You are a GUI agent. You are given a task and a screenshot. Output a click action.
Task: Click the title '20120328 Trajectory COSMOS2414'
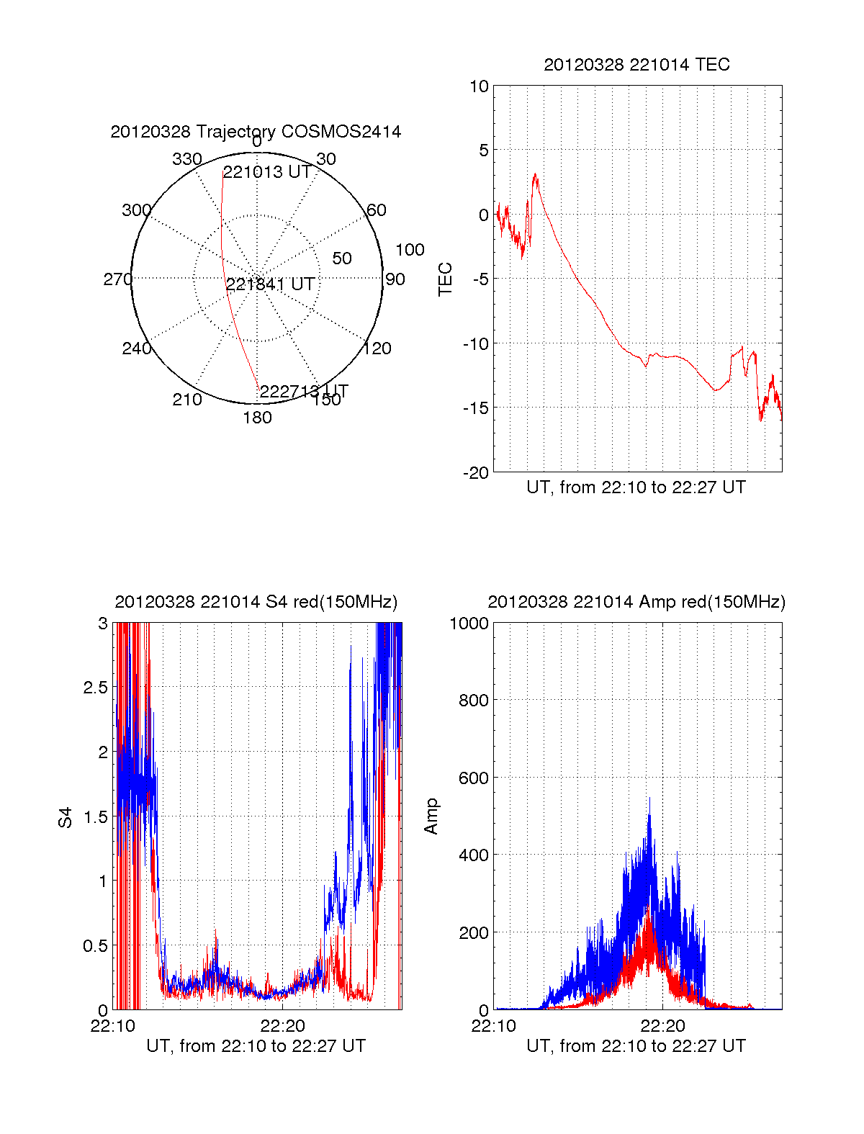[x=256, y=132]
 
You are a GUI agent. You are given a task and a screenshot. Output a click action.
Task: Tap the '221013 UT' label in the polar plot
[x=266, y=172]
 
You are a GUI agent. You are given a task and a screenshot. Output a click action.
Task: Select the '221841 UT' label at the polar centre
[x=270, y=284]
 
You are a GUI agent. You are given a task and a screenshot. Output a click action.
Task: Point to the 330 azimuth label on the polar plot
[x=186, y=159]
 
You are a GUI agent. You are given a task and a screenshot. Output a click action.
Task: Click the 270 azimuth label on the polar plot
[x=117, y=279]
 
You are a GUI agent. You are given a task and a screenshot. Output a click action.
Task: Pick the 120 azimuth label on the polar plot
[x=377, y=349]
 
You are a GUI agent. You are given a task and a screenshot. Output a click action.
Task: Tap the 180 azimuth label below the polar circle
[x=257, y=418]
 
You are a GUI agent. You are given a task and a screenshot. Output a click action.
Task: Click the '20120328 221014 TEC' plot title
[x=636, y=65]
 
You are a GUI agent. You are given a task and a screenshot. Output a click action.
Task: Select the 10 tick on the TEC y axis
[x=479, y=86]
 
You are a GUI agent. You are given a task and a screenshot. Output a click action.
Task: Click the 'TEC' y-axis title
[x=446, y=279]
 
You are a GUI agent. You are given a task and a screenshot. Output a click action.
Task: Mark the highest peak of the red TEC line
[x=535, y=174]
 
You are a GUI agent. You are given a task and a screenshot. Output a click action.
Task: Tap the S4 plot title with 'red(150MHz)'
[x=256, y=602]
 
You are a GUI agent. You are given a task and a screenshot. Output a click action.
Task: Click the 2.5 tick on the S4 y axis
[x=95, y=688]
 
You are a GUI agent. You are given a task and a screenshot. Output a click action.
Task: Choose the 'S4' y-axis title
[x=66, y=817]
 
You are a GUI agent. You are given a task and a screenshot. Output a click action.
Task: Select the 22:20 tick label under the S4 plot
[x=282, y=1025]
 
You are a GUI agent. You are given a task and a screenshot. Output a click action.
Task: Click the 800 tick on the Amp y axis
[x=473, y=701]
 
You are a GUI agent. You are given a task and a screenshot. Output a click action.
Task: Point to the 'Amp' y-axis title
[x=431, y=816]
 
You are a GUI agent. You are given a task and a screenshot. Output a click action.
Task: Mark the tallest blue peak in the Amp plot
[x=649, y=798]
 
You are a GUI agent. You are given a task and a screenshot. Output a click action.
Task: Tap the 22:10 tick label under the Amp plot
[x=493, y=1025]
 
